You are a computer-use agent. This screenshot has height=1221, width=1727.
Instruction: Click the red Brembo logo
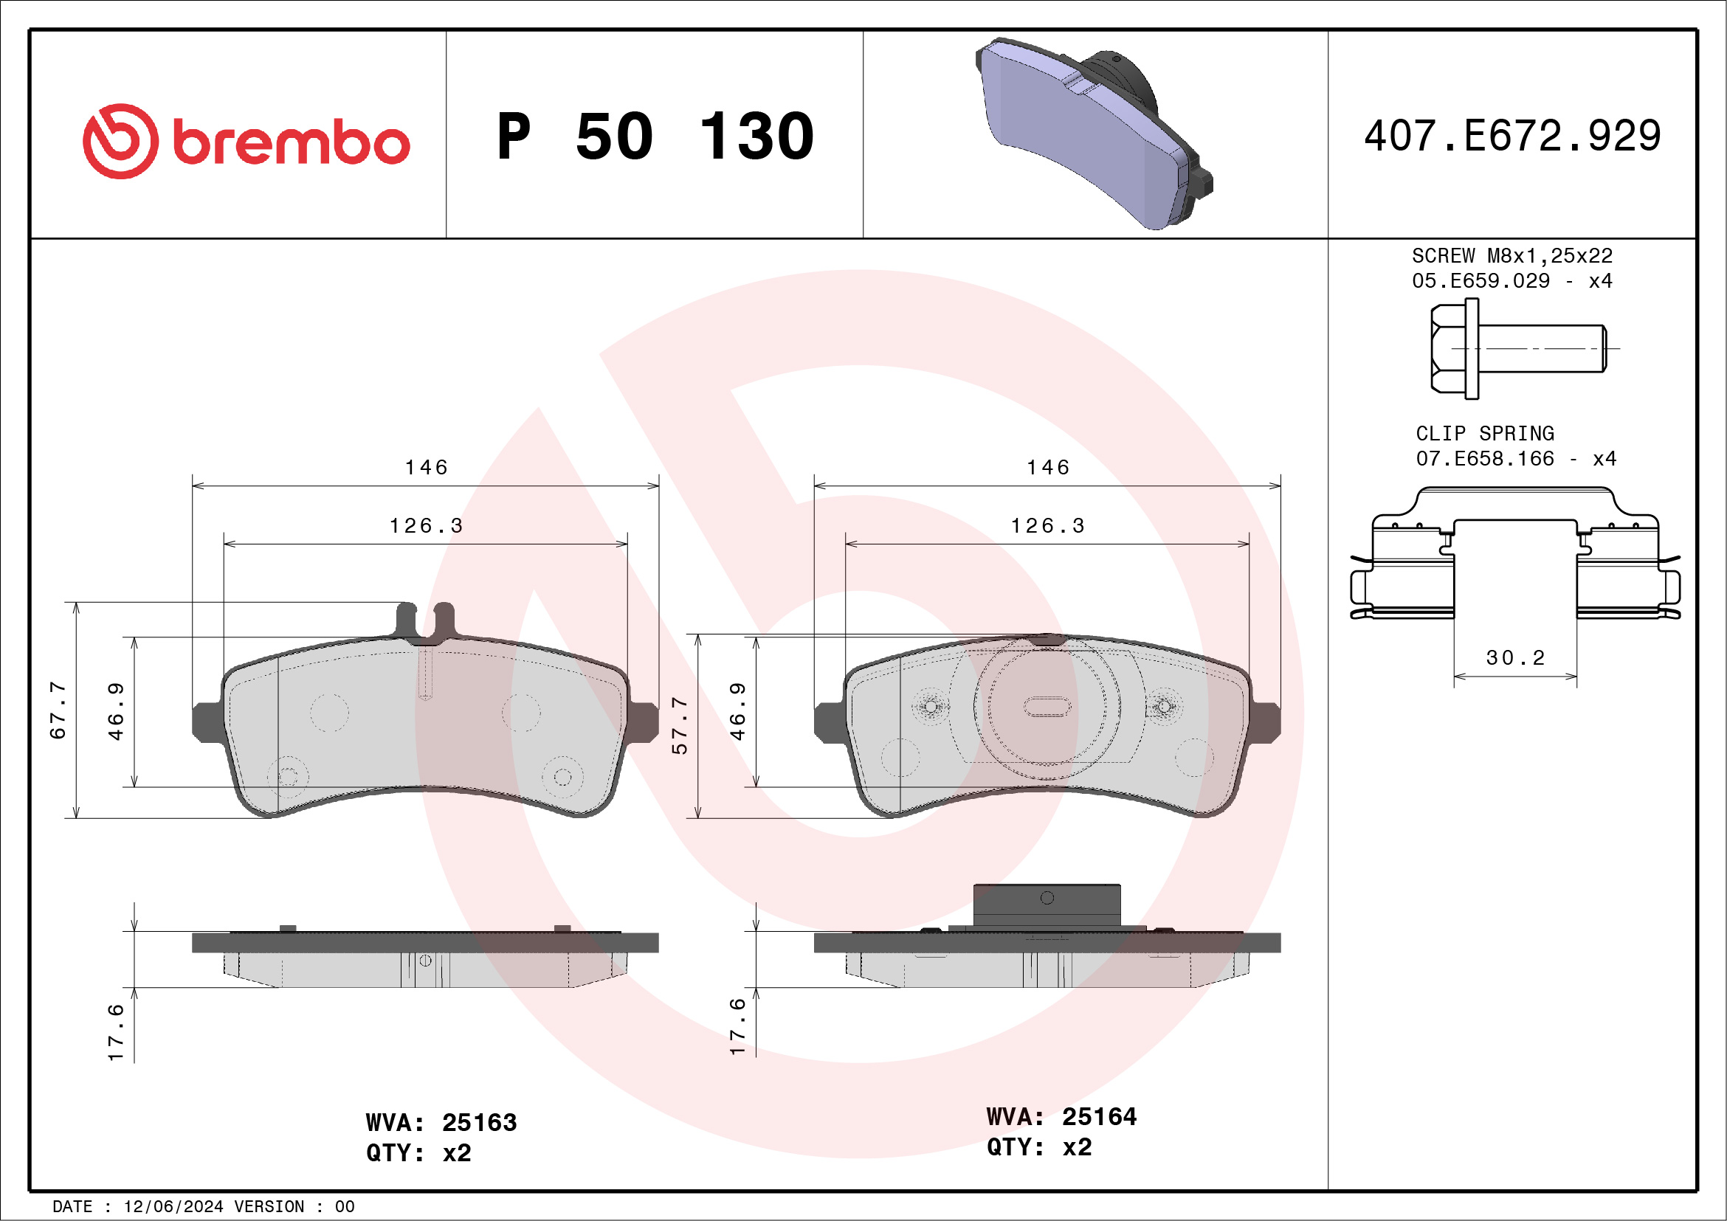pyautogui.click(x=246, y=142)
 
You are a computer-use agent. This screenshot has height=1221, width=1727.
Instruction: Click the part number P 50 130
pyautogui.click(x=655, y=136)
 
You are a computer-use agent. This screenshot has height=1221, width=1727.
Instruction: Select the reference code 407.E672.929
pyautogui.click(x=1513, y=135)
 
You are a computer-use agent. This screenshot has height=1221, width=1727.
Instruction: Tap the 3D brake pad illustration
pyautogui.click(x=1094, y=133)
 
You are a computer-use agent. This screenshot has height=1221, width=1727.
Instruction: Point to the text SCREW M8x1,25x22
pyautogui.click(x=1512, y=255)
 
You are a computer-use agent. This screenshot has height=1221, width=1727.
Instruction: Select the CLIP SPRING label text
pyautogui.click(x=1485, y=433)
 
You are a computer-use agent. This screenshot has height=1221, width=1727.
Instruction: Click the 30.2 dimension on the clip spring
pyautogui.click(x=1515, y=658)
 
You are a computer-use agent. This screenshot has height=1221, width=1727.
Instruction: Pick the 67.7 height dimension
pyautogui.click(x=58, y=710)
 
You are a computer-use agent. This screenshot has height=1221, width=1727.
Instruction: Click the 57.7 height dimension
pyautogui.click(x=679, y=724)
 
